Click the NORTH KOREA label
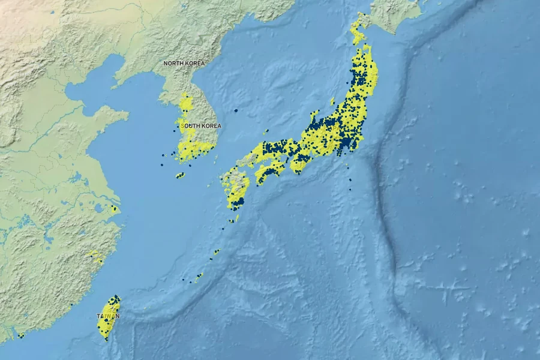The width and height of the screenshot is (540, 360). click(184, 63)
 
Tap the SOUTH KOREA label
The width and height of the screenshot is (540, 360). click(201, 126)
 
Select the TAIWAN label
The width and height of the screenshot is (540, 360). click(108, 316)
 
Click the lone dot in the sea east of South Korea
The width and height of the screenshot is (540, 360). click(236, 110)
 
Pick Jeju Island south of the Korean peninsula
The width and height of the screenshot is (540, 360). click(179, 175)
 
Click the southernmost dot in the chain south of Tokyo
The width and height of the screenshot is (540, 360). click(350, 190)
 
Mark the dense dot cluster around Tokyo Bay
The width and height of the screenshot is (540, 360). click(346, 143)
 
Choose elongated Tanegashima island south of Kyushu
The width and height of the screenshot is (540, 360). click(237, 217)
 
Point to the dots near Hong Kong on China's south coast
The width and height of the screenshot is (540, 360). click(20, 335)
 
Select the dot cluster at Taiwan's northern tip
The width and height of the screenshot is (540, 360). click(115, 298)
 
